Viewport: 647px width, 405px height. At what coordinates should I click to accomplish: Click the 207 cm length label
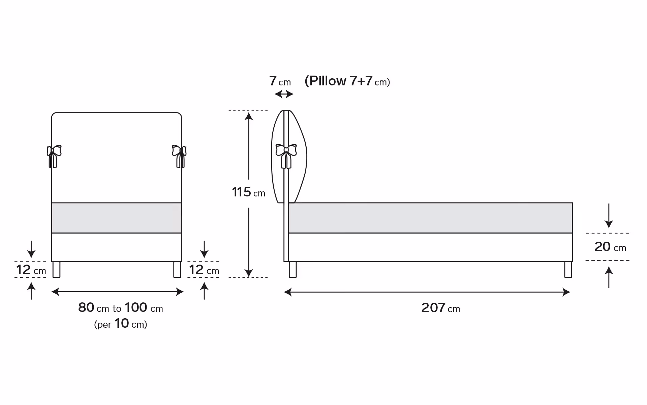(x=440, y=308)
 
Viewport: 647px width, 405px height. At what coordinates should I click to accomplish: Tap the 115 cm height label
(x=248, y=192)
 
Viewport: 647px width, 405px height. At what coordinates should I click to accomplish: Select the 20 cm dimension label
(x=610, y=247)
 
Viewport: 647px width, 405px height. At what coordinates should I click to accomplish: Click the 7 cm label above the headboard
(x=280, y=81)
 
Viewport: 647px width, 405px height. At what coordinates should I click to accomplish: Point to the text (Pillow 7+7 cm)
(x=347, y=81)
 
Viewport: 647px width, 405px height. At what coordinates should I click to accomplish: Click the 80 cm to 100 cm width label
(x=121, y=307)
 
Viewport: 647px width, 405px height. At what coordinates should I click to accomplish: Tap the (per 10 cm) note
(x=121, y=324)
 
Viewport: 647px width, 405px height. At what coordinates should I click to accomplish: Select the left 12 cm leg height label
(x=31, y=270)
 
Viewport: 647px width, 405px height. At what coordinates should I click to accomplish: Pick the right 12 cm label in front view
(x=204, y=270)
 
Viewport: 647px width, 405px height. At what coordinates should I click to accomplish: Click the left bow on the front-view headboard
(x=54, y=156)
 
